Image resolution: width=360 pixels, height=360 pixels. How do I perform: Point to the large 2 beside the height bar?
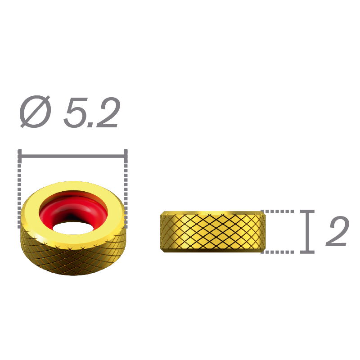(x=335, y=231)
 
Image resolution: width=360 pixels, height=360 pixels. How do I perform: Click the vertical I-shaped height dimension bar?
(x=308, y=231)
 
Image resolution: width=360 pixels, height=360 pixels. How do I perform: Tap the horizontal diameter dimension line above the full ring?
(x=74, y=156)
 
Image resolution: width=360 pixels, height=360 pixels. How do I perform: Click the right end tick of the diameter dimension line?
(x=126, y=156)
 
